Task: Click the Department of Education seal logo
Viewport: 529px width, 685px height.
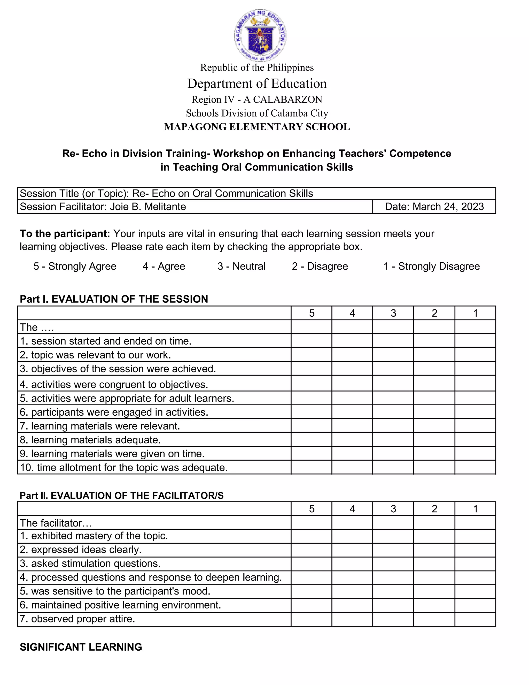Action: pyautogui.click(x=260, y=35)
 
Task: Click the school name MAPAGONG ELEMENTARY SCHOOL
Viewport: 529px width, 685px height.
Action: pyautogui.click(x=257, y=127)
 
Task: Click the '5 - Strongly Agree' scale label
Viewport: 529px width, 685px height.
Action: pyautogui.click(x=75, y=266)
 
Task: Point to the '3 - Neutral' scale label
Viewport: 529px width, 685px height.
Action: pyautogui.click(x=241, y=266)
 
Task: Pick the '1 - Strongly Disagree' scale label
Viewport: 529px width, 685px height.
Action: pyautogui.click(x=432, y=266)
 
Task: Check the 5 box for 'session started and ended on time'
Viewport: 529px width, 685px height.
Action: pyautogui.click(x=311, y=341)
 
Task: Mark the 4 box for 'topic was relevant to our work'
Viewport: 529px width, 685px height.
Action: pyautogui.click(x=352, y=354)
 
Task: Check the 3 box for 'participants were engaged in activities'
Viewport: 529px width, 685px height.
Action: pyautogui.click(x=393, y=412)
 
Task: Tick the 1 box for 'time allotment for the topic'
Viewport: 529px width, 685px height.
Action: pyautogui.click(x=475, y=467)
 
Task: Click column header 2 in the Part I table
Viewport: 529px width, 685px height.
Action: pyautogui.click(x=434, y=313)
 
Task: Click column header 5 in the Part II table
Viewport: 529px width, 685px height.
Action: pyautogui.click(x=311, y=509)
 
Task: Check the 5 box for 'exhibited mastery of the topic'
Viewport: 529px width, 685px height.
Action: pyautogui.click(x=311, y=536)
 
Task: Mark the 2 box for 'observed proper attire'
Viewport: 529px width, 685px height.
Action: pyautogui.click(x=434, y=619)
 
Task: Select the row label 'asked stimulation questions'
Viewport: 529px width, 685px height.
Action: pyautogui.click(x=90, y=564)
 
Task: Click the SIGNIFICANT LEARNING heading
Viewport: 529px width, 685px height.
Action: pyautogui.click(x=81, y=647)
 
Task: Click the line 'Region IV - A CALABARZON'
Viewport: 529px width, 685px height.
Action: pyautogui.click(x=257, y=100)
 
